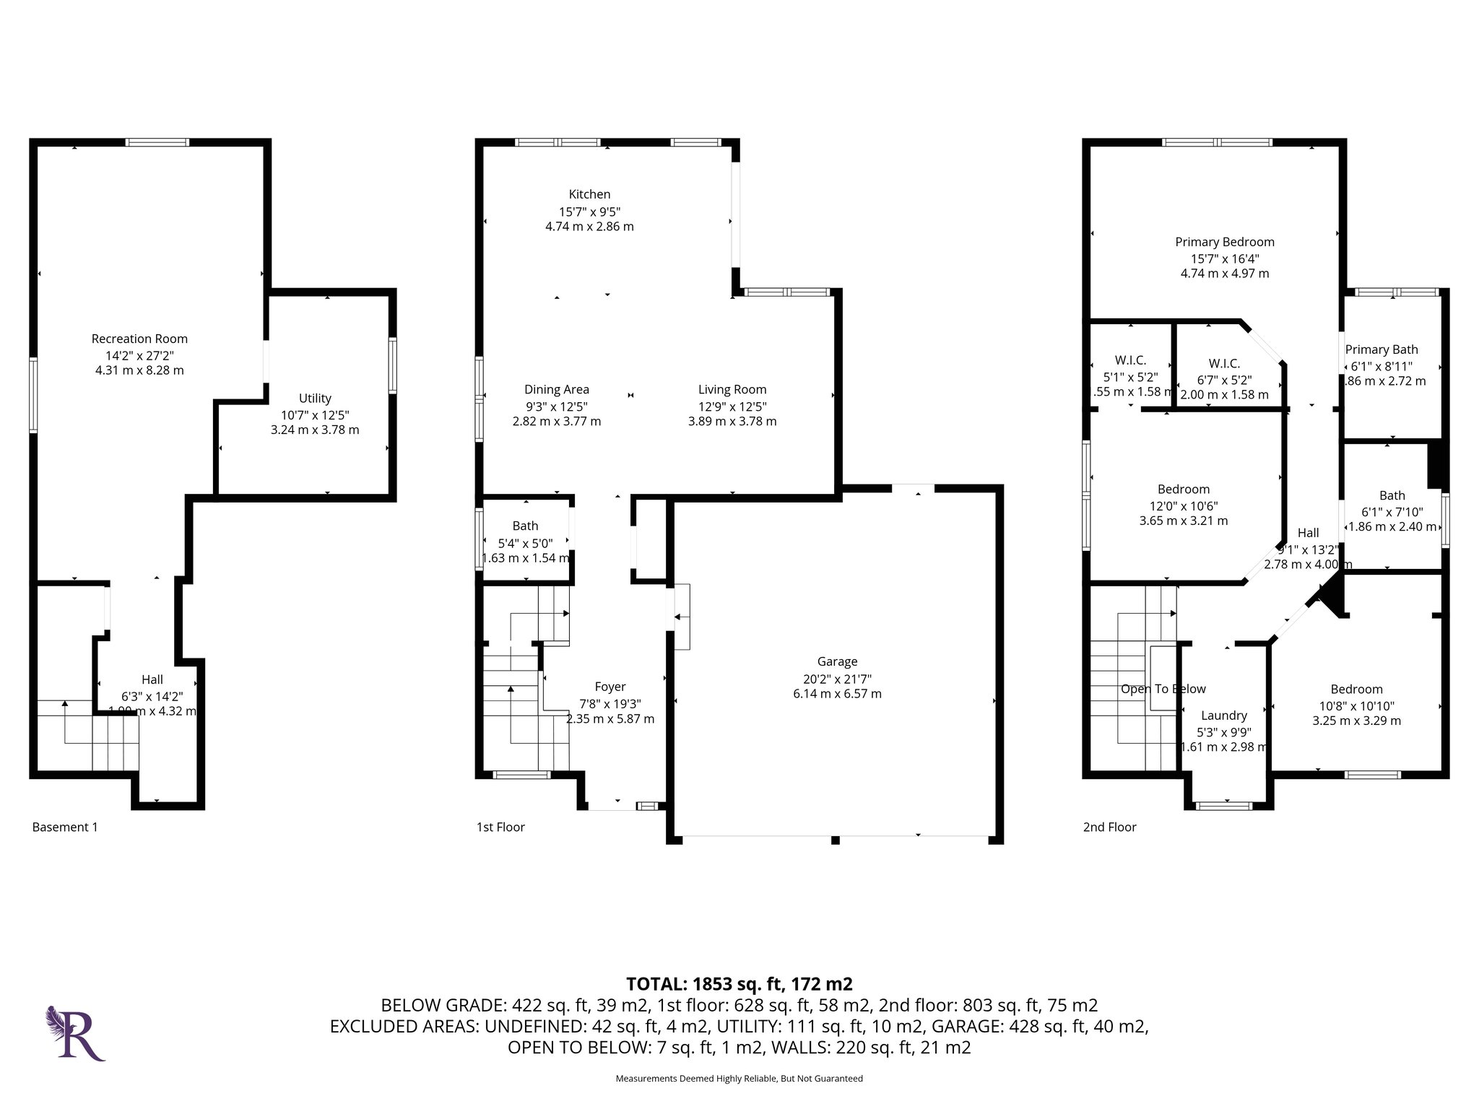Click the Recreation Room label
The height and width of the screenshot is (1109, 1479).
[x=139, y=339]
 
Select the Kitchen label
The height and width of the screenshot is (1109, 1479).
[x=589, y=194]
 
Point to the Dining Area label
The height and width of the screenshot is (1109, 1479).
[x=556, y=390]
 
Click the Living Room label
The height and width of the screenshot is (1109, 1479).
[x=732, y=390]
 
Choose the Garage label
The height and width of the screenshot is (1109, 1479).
[x=837, y=661]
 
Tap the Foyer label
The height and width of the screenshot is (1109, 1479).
[x=610, y=687]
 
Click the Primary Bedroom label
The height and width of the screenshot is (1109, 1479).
[x=1224, y=242]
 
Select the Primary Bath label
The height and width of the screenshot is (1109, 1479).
[x=1382, y=349]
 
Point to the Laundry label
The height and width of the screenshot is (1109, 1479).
[x=1223, y=716]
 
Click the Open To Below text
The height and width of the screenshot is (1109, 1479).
[x=1163, y=689]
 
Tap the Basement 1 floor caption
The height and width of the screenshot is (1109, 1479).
[x=65, y=827]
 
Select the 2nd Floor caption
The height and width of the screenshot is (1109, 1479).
[x=1109, y=827]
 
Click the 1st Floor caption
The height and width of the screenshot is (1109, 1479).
[x=500, y=827]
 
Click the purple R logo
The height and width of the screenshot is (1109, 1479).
[x=77, y=1034]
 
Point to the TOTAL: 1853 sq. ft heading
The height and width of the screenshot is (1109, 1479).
[x=739, y=984]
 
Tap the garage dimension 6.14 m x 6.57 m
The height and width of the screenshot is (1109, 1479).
[x=837, y=694]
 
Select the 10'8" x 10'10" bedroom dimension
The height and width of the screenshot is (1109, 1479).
[x=1356, y=706]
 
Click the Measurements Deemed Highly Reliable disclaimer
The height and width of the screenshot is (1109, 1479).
[x=739, y=1079]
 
